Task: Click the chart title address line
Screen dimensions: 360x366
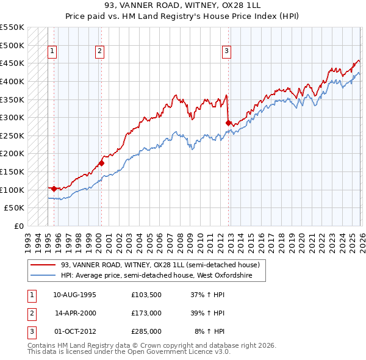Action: [182, 5]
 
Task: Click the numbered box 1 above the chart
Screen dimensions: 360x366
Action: [53, 52]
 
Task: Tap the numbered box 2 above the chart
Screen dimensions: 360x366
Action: [99, 52]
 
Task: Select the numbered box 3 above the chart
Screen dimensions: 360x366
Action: [226, 52]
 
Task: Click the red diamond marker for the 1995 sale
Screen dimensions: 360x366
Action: [54, 189]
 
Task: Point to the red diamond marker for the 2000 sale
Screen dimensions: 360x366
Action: [101, 163]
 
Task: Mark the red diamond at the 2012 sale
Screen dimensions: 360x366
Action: [228, 123]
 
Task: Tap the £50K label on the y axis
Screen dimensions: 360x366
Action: [15, 208]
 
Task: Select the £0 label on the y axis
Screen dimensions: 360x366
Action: [18, 226]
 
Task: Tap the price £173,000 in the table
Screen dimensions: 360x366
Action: [146, 313]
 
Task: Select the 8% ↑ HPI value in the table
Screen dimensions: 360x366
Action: [210, 332]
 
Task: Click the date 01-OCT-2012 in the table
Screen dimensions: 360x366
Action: [74, 332]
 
